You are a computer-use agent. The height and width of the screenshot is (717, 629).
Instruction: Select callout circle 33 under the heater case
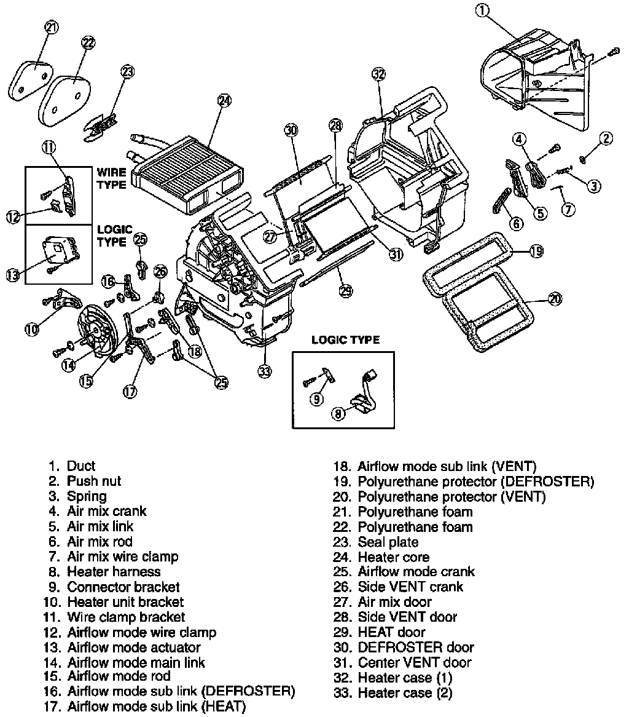(x=265, y=371)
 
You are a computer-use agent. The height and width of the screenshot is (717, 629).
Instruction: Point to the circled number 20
(x=555, y=299)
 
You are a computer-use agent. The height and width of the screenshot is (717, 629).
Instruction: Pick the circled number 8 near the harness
(x=338, y=414)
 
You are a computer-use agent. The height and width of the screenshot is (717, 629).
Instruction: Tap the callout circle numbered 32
(x=378, y=75)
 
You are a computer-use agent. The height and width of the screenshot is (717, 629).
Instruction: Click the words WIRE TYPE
(x=111, y=178)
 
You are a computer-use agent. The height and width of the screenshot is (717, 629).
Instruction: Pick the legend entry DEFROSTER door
(x=415, y=647)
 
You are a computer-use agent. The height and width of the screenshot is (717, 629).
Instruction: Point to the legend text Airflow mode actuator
(x=134, y=647)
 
